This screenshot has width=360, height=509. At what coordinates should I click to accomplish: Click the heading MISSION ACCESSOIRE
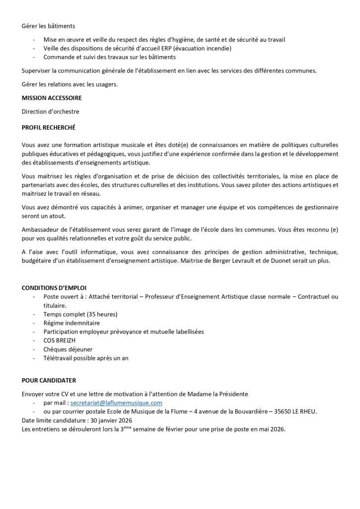click(x=52, y=98)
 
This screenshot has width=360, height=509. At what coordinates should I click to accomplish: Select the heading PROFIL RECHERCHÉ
click(x=49, y=127)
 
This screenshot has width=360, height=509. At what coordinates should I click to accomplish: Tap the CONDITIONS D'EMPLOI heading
click(x=54, y=288)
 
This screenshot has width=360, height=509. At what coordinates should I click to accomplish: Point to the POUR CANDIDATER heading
click(x=49, y=380)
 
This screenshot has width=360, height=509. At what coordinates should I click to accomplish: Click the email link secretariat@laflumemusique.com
click(x=117, y=403)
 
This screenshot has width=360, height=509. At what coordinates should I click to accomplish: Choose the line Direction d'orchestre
click(x=50, y=112)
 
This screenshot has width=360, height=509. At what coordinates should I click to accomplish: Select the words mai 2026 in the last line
click(x=272, y=429)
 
